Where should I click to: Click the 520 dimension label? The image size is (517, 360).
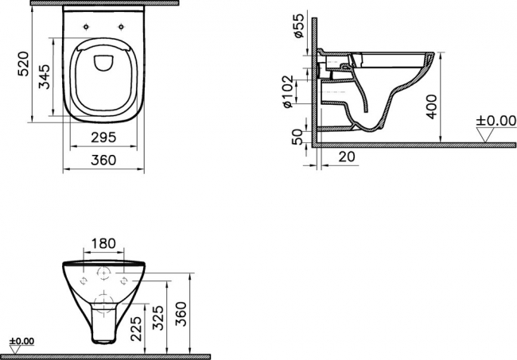(x=25, y=64)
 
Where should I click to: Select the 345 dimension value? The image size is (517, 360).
(x=45, y=77)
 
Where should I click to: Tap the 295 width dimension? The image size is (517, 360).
(x=103, y=137)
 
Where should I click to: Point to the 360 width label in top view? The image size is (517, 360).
(x=103, y=160)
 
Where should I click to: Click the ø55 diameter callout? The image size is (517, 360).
(x=299, y=26)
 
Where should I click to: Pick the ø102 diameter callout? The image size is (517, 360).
(x=287, y=92)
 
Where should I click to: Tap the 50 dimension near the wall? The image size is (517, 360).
(x=297, y=137)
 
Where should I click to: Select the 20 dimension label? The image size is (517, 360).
(x=347, y=157)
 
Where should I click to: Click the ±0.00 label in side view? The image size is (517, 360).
(x=496, y=121)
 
